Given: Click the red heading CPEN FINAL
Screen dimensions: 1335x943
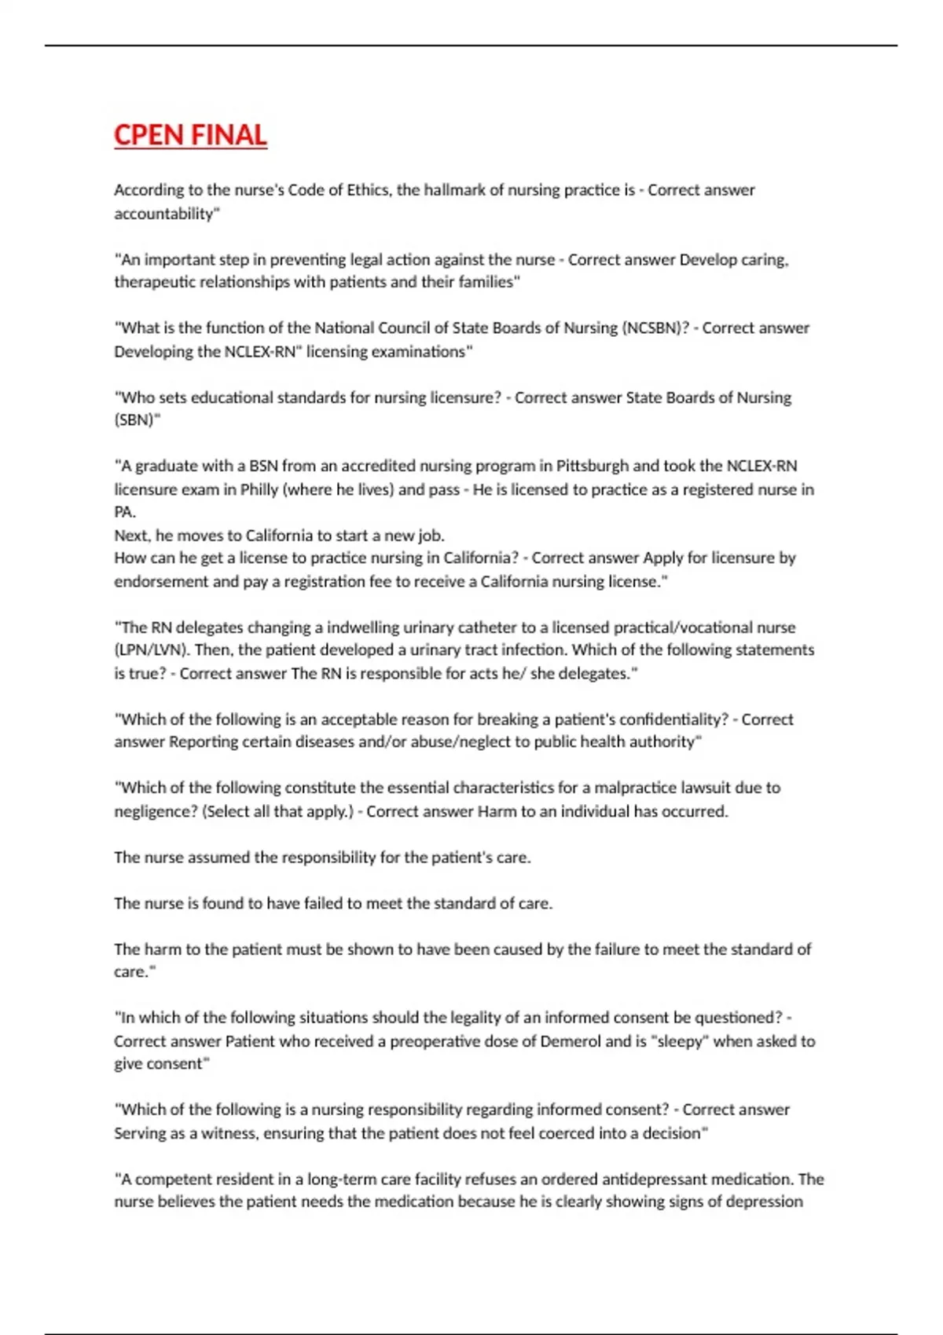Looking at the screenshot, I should tap(190, 135).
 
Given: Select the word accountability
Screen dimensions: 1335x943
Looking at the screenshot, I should tap(163, 214).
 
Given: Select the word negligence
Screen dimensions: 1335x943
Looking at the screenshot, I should tap(154, 811).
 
